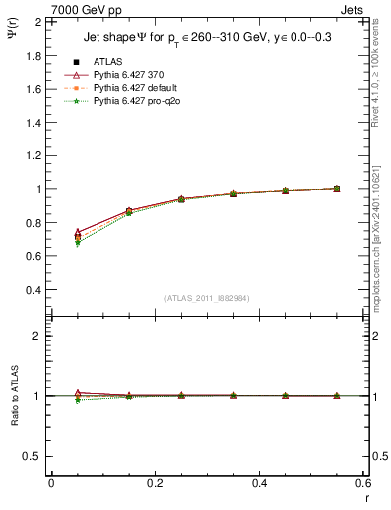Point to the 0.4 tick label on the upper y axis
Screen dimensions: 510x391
(x=33, y=290)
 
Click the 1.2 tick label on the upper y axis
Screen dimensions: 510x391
(x=33, y=155)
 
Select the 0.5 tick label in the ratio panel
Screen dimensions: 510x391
(x=33, y=456)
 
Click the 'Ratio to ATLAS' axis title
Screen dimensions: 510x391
(x=14, y=396)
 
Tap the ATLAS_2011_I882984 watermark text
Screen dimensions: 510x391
(x=206, y=297)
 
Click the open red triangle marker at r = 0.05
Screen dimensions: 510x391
(x=78, y=232)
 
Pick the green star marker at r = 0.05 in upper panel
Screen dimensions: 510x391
(x=78, y=243)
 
